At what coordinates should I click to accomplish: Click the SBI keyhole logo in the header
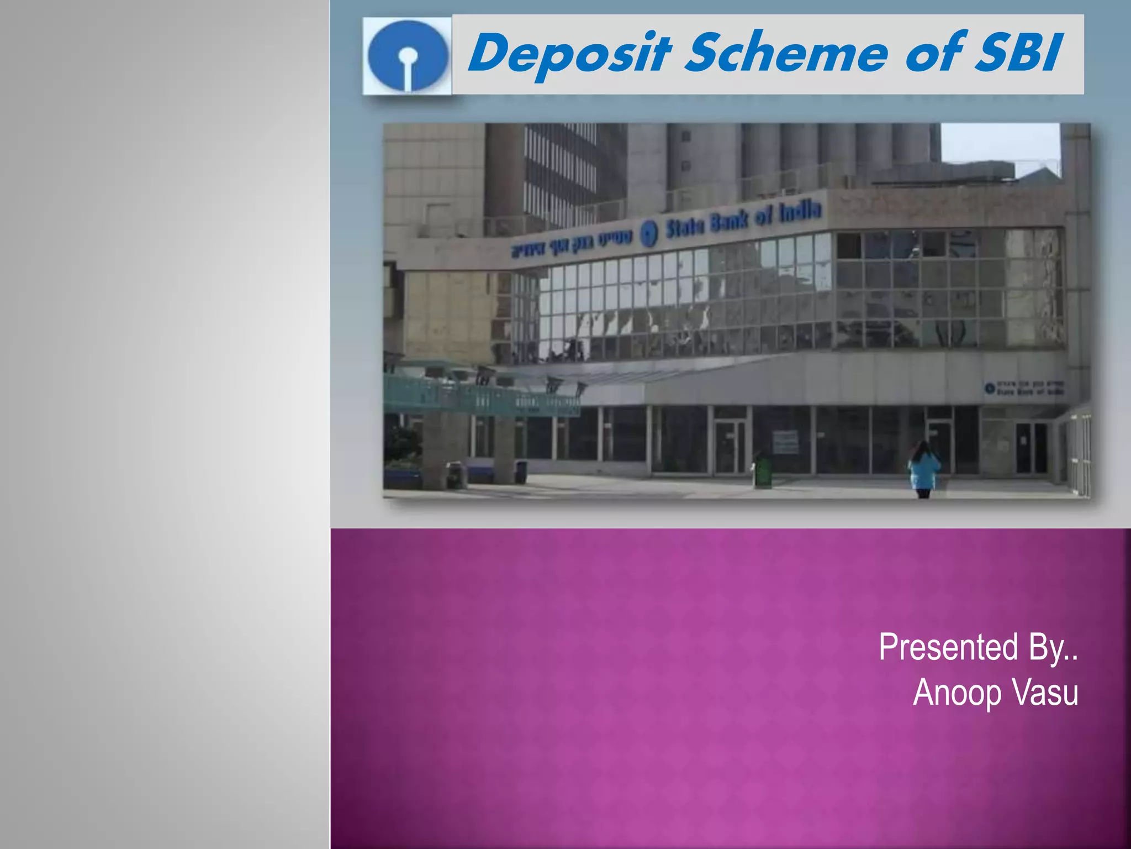coord(408,56)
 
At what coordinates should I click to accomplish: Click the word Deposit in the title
coord(569,54)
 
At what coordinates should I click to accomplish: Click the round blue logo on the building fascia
coord(649,233)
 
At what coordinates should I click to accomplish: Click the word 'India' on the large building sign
coord(800,212)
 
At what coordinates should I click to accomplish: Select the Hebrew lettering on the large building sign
coord(572,244)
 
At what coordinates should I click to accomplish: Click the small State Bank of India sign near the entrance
coord(1025,388)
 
